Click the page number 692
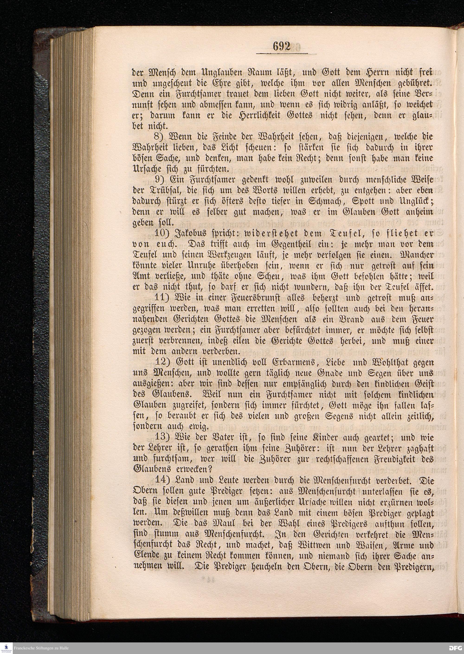[281, 46]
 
